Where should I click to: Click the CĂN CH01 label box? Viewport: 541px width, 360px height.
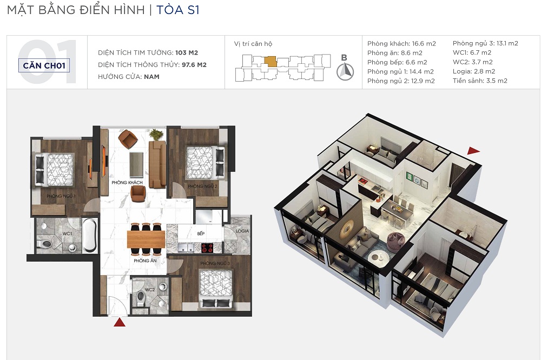tap(44, 65)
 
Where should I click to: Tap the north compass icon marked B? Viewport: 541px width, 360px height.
tap(345, 71)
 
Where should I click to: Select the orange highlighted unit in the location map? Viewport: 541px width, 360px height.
tap(270, 62)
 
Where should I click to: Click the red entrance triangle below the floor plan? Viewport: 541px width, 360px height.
tap(120, 322)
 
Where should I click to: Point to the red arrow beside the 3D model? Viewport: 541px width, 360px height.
tap(473, 151)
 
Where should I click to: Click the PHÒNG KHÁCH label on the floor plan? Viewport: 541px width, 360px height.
tap(127, 182)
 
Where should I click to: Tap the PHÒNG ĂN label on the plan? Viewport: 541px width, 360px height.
tap(145, 261)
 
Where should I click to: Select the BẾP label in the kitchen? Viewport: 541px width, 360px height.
tap(201, 234)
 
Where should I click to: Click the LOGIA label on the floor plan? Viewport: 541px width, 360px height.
tap(242, 231)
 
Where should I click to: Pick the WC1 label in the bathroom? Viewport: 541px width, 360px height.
tap(67, 234)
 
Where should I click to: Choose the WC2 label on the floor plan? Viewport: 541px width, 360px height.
tap(150, 290)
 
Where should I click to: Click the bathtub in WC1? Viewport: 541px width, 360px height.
tap(90, 236)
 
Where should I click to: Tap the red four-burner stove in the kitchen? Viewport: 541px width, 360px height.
tap(208, 248)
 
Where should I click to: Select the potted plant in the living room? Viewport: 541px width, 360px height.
tap(156, 134)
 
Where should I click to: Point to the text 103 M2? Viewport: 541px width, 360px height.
tap(187, 53)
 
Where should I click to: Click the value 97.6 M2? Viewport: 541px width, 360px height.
tap(194, 65)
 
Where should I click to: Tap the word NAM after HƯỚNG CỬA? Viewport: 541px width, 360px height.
tap(152, 77)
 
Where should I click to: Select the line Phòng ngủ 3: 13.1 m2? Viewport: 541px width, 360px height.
tap(485, 43)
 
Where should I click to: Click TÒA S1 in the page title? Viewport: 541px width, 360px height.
tap(178, 10)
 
